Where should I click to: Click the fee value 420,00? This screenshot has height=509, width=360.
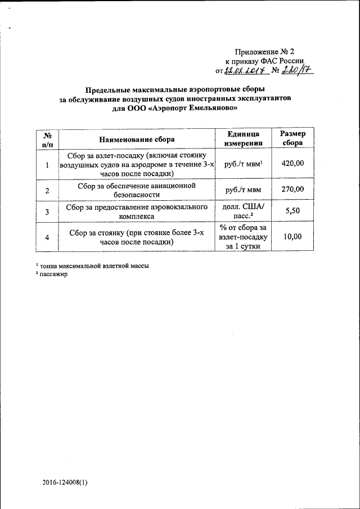(x=292, y=164)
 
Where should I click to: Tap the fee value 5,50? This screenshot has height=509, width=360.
(x=292, y=211)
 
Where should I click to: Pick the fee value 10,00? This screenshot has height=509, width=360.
(x=292, y=237)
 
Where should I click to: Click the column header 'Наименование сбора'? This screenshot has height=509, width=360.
(x=137, y=138)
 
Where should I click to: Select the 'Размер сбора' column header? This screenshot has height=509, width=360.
(x=292, y=138)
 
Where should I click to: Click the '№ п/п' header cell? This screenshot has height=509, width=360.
(x=47, y=138)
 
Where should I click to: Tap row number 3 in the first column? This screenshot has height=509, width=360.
(x=47, y=211)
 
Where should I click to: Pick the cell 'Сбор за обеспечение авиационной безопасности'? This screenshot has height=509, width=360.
(x=137, y=190)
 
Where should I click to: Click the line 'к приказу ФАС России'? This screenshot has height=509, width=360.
(x=264, y=61)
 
